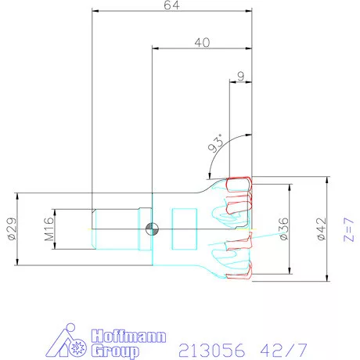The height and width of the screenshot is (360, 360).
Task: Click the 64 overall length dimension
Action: point(171,5)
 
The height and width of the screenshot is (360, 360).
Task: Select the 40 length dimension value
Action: point(202,42)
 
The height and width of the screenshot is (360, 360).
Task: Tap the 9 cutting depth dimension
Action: point(241,76)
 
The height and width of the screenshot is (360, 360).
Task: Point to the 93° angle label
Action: point(216,143)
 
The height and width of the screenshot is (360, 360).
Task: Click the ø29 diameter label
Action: point(13,229)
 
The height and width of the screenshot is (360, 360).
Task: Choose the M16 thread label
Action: point(49,229)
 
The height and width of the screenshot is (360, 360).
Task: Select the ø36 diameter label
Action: point(284,229)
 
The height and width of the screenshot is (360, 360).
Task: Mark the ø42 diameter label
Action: point(321,229)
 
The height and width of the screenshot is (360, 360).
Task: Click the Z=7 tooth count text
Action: point(349,229)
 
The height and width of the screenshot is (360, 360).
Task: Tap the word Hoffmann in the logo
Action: point(128,337)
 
